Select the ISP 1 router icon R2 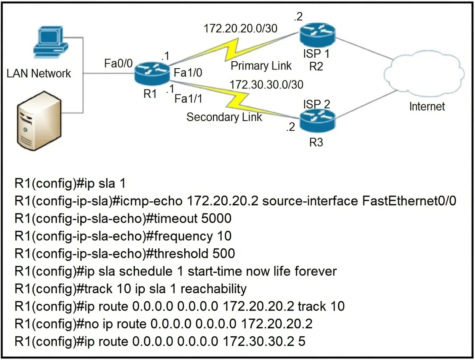[318, 35]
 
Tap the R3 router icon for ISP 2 [318, 121]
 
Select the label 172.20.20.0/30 [240, 28]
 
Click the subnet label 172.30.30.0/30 [266, 84]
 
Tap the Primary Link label [261, 66]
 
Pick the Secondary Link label [224, 117]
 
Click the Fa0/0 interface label [118, 63]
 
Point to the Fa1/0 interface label [188, 73]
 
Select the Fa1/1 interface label [188, 99]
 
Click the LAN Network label [39, 74]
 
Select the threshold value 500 [224, 254]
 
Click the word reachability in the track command [214, 289]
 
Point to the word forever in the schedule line [316, 271]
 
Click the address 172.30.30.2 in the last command [259, 342]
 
